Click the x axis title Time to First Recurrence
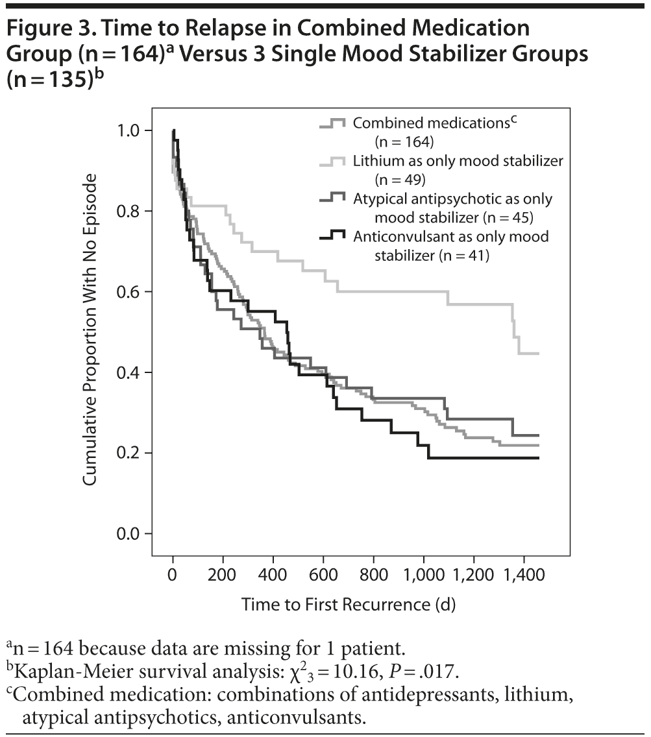coord(349,605)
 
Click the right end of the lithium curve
coord(538,354)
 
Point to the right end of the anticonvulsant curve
coord(538,458)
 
